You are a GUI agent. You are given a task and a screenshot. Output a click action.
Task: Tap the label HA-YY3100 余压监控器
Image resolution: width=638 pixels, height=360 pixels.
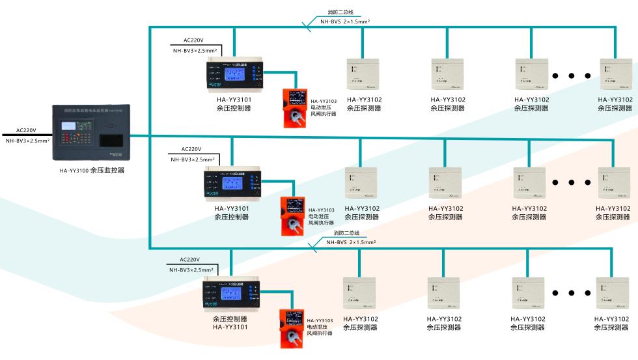point(92,171)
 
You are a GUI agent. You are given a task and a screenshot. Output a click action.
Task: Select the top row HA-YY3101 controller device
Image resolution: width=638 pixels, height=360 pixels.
point(235,72)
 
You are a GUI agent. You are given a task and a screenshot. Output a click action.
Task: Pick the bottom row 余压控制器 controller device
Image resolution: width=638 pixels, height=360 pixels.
point(231,292)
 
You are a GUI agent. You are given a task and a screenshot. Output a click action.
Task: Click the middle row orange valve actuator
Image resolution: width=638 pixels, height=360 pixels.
point(293,215)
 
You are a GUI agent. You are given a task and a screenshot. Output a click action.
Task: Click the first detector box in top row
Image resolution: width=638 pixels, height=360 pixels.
point(363,74)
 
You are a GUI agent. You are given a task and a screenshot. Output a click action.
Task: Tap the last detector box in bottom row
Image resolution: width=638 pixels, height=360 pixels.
point(612,292)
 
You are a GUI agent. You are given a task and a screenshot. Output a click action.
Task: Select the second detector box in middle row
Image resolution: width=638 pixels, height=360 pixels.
point(445,183)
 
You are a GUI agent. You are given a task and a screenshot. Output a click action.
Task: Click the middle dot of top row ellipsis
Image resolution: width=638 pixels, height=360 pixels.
point(572,76)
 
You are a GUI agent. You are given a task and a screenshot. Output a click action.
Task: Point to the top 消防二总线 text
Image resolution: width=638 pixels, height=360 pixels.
point(340,12)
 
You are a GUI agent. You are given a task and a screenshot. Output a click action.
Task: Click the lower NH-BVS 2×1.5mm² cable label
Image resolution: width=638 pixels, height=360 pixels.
point(346,242)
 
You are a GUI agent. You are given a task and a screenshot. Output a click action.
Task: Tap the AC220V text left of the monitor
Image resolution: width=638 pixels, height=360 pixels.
point(26,130)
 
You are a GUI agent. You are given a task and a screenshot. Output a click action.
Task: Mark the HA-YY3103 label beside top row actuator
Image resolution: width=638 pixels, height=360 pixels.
point(324,101)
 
